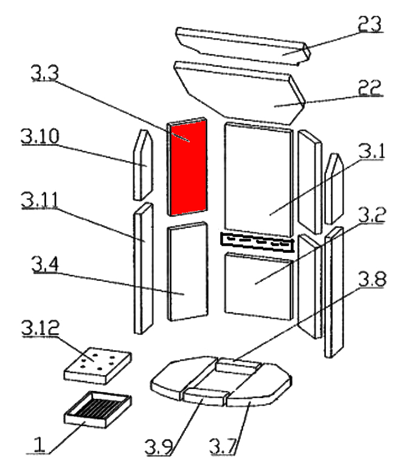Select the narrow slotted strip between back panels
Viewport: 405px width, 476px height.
point(257,243)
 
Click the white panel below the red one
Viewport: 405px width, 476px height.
point(186,272)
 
